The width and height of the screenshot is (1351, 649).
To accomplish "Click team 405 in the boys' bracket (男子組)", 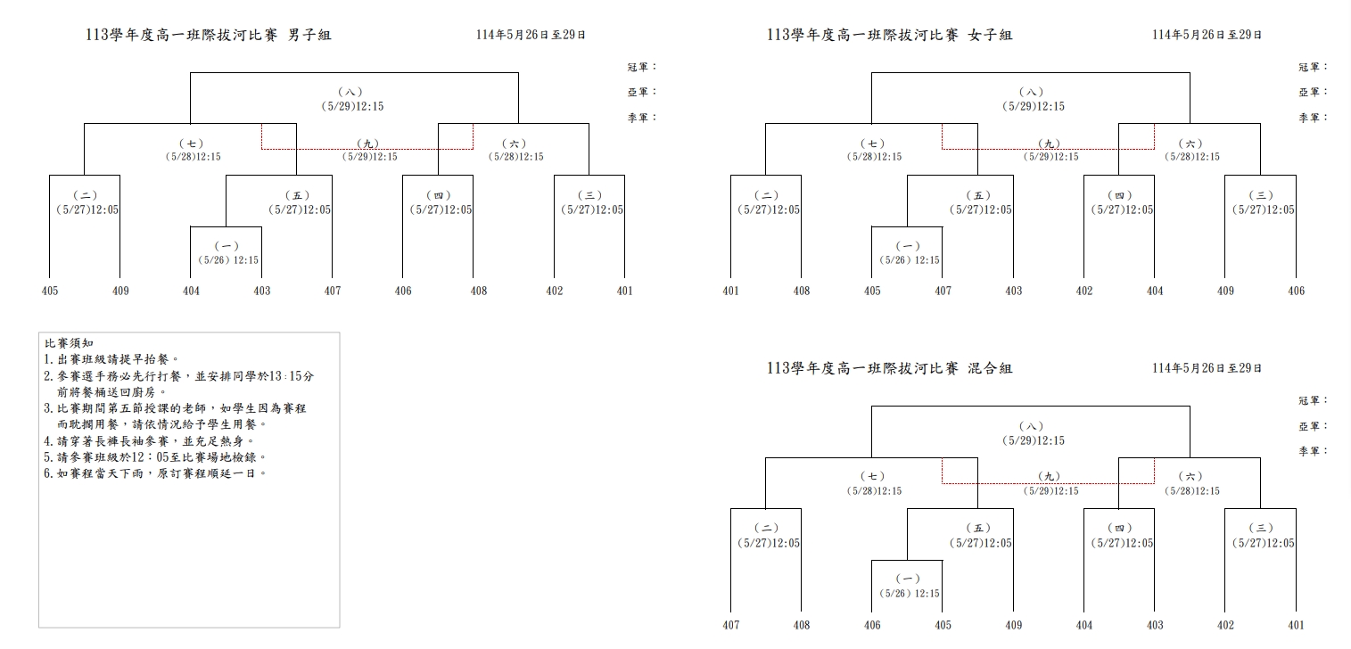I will [x=50, y=291].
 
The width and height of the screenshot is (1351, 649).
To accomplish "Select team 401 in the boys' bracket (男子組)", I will [x=624, y=291].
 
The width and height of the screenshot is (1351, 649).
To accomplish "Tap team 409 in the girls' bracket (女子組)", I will [x=1225, y=291].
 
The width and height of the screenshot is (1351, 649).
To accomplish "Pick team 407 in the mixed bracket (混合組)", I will [x=731, y=625].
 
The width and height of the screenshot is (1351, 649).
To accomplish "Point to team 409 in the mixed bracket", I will [x=1013, y=625].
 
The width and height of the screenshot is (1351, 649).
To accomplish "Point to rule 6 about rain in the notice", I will [x=155, y=473].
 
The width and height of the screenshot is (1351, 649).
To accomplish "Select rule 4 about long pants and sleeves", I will [x=150, y=440].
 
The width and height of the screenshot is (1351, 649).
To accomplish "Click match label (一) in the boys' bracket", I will [x=227, y=246].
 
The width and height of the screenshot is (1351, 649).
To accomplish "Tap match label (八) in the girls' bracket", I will [x=1031, y=92].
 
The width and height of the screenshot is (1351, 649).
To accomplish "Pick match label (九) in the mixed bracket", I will [x=1050, y=477].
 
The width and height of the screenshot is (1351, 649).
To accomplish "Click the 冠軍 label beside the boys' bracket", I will [x=641, y=67].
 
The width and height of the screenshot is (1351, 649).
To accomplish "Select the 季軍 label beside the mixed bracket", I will [x=1313, y=451].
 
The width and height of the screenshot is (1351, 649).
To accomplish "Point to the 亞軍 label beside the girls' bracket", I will [x=1313, y=92].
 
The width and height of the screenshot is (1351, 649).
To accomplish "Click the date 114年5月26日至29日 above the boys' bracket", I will [x=531, y=35].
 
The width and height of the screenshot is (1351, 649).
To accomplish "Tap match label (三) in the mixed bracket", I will [x=1261, y=529].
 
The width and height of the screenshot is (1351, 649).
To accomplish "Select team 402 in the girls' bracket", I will [x=1084, y=291].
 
